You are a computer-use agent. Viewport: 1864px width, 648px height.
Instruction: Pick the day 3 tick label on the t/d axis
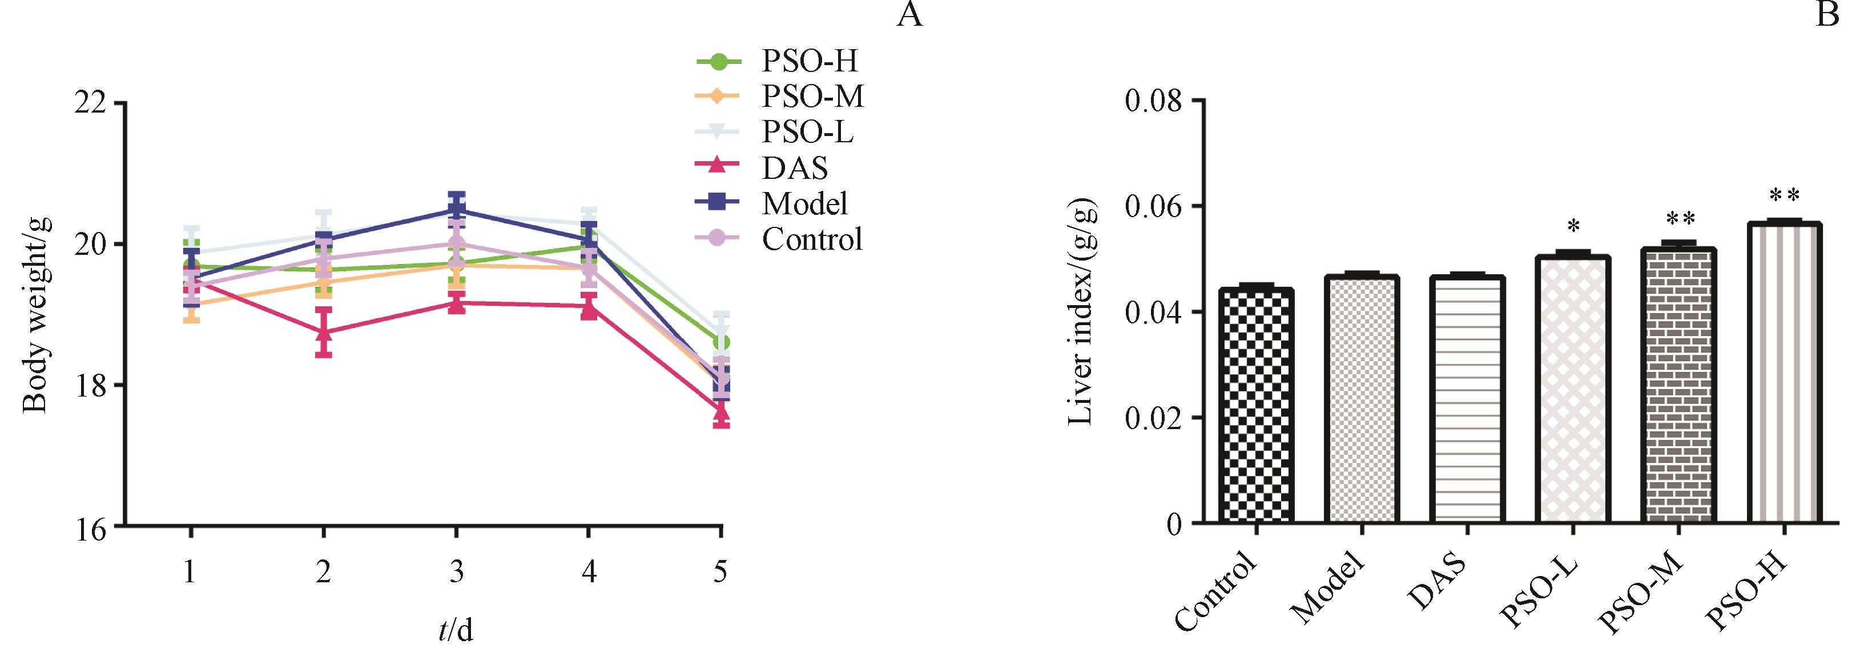(456, 572)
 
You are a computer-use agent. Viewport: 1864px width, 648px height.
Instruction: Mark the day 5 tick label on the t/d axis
(720, 572)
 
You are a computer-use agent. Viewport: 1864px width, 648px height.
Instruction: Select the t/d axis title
(456, 629)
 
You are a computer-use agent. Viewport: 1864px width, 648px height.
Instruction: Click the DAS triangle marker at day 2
(324, 333)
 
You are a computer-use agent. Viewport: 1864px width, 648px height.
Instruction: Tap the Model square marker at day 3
(456, 210)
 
